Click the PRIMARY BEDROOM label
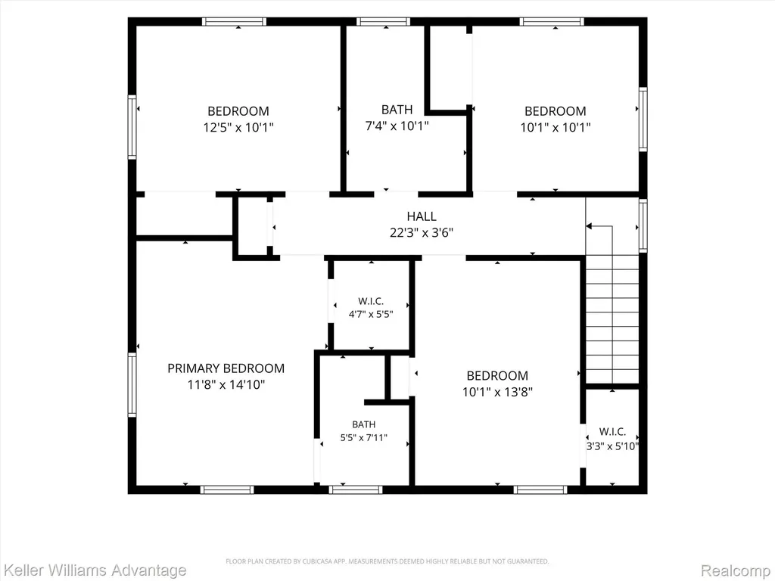226,368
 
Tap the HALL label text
422,216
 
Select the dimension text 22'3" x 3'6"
422,232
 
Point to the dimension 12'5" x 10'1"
238,127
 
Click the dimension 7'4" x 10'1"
397,126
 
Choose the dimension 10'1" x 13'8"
497,392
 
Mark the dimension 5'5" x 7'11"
364,437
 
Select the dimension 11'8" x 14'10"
226,384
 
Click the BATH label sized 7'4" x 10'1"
397,109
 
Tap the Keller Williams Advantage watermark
94,570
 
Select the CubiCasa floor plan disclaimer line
387,561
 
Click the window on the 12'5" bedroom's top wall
234,22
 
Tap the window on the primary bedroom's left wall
132,385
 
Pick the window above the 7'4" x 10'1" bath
384,22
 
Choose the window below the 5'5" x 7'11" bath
356,489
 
